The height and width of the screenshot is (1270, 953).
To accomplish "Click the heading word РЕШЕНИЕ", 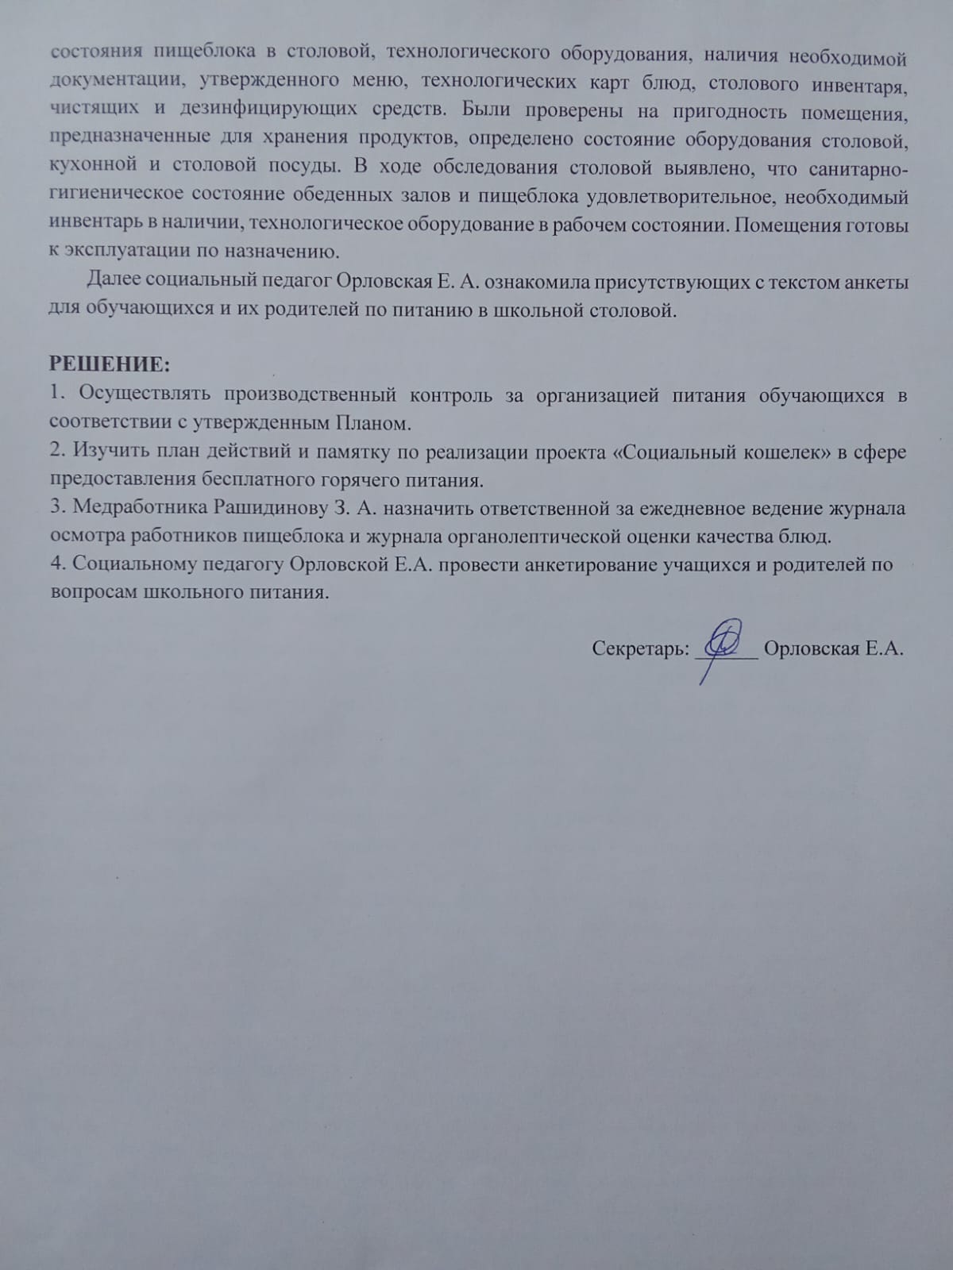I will (109, 365).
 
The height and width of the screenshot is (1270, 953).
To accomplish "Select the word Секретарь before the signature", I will (641, 649).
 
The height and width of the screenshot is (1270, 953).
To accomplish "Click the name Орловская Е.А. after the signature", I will (833, 649).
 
